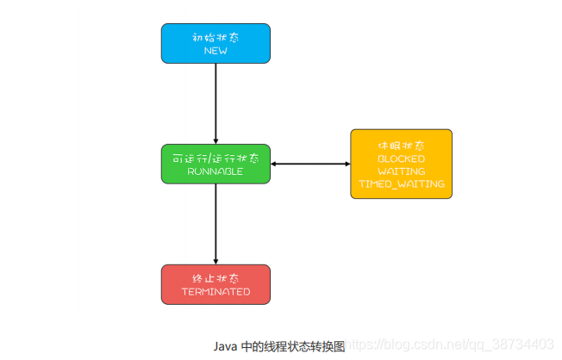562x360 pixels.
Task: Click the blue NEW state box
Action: tap(215, 43)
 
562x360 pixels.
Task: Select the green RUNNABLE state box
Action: tap(215, 164)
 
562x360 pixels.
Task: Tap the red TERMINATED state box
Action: tap(215, 284)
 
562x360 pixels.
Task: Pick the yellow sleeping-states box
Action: tap(401, 164)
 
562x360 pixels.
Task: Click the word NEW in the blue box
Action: tap(215, 51)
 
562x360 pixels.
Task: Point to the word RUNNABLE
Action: tap(215, 171)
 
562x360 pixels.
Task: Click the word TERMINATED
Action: tap(215, 292)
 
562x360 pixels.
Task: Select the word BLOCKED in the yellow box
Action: tap(401, 159)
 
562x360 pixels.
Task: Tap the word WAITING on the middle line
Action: tap(401, 171)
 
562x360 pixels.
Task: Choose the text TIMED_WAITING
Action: tap(401, 184)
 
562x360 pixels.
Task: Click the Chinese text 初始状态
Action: tap(215, 37)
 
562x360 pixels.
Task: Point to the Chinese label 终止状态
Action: tap(215, 278)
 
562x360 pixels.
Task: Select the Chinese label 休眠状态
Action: tap(401, 146)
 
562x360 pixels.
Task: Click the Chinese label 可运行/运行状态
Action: tap(215, 158)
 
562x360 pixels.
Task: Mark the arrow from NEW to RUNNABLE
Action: tap(215, 103)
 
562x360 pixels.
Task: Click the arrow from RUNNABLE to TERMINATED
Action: tap(215, 224)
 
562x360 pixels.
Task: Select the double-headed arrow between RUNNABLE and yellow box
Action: tap(310, 164)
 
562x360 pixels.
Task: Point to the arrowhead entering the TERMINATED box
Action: tap(215, 260)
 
